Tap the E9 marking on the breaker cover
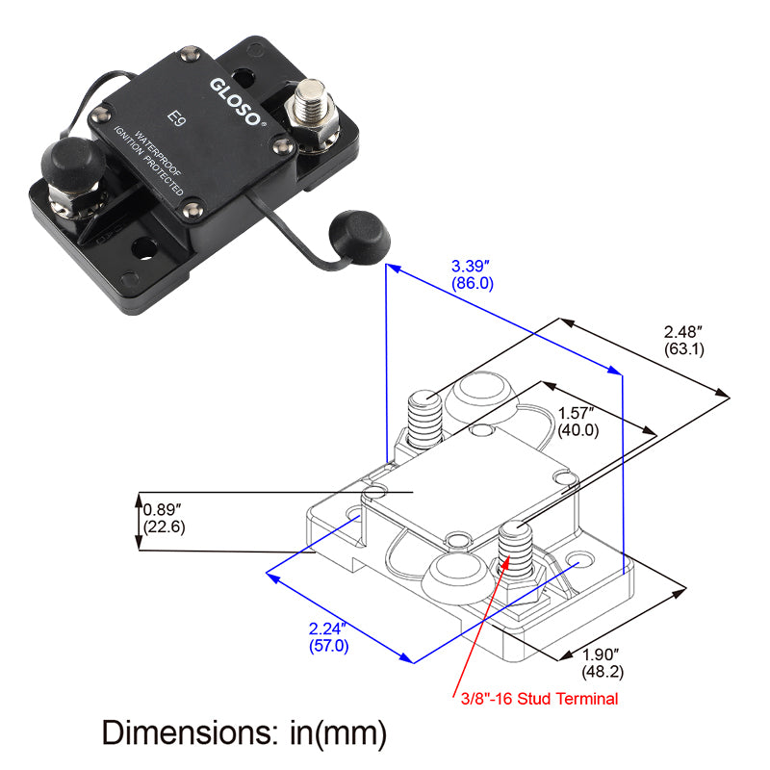point(175,118)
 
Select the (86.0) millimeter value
point(472,283)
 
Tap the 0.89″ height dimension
point(164,509)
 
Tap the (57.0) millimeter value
point(328,646)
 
